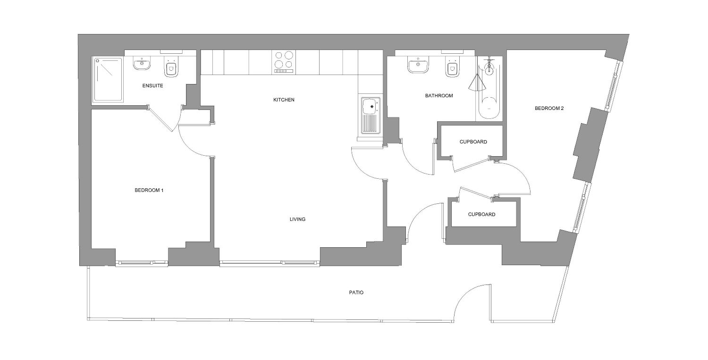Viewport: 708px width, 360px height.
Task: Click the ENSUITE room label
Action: pyautogui.click(x=152, y=86)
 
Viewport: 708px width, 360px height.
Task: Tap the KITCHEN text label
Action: pyautogui.click(x=284, y=100)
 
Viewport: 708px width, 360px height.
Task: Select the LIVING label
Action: pyautogui.click(x=297, y=219)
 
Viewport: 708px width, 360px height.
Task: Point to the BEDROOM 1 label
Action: pyautogui.click(x=149, y=190)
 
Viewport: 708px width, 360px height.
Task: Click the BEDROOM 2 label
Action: pyautogui.click(x=549, y=109)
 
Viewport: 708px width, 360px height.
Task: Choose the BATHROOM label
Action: pyautogui.click(x=439, y=95)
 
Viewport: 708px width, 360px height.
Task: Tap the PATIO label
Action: pyautogui.click(x=356, y=293)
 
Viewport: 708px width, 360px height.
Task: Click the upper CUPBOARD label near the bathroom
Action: pyautogui.click(x=473, y=142)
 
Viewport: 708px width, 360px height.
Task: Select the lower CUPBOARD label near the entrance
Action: pyautogui.click(x=482, y=214)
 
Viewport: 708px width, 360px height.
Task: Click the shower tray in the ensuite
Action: pyautogui.click(x=108, y=80)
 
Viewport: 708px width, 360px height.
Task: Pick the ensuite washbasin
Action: pyautogui.click(x=142, y=64)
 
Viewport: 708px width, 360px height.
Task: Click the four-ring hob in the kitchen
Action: pyautogui.click(x=284, y=63)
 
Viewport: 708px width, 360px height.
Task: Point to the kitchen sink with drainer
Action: pyautogui.click(x=371, y=116)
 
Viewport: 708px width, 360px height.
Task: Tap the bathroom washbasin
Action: pyautogui.click(x=418, y=65)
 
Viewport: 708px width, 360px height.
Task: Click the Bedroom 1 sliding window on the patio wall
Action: pyautogui.click(x=142, y=263)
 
